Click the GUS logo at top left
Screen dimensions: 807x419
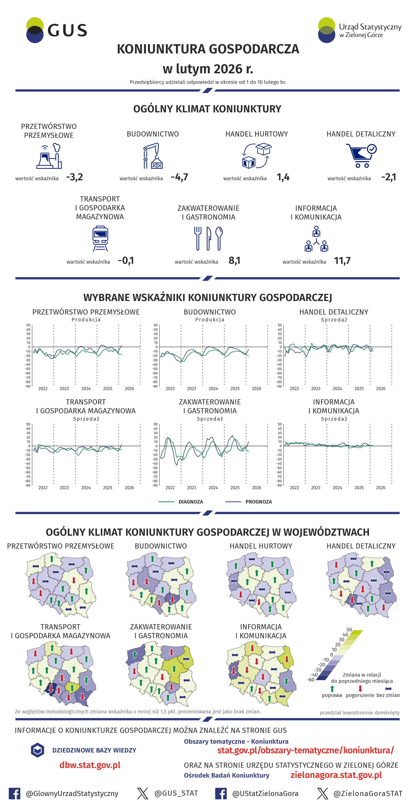57,30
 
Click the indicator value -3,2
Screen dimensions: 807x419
75,177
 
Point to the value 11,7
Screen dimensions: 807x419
342,261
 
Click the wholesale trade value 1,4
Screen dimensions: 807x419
283,177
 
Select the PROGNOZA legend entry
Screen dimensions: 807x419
258,502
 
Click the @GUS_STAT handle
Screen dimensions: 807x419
176,793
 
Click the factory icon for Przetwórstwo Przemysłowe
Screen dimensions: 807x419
50,156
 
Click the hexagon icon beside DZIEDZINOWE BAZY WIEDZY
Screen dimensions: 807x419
38,750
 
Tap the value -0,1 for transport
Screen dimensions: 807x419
126,261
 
